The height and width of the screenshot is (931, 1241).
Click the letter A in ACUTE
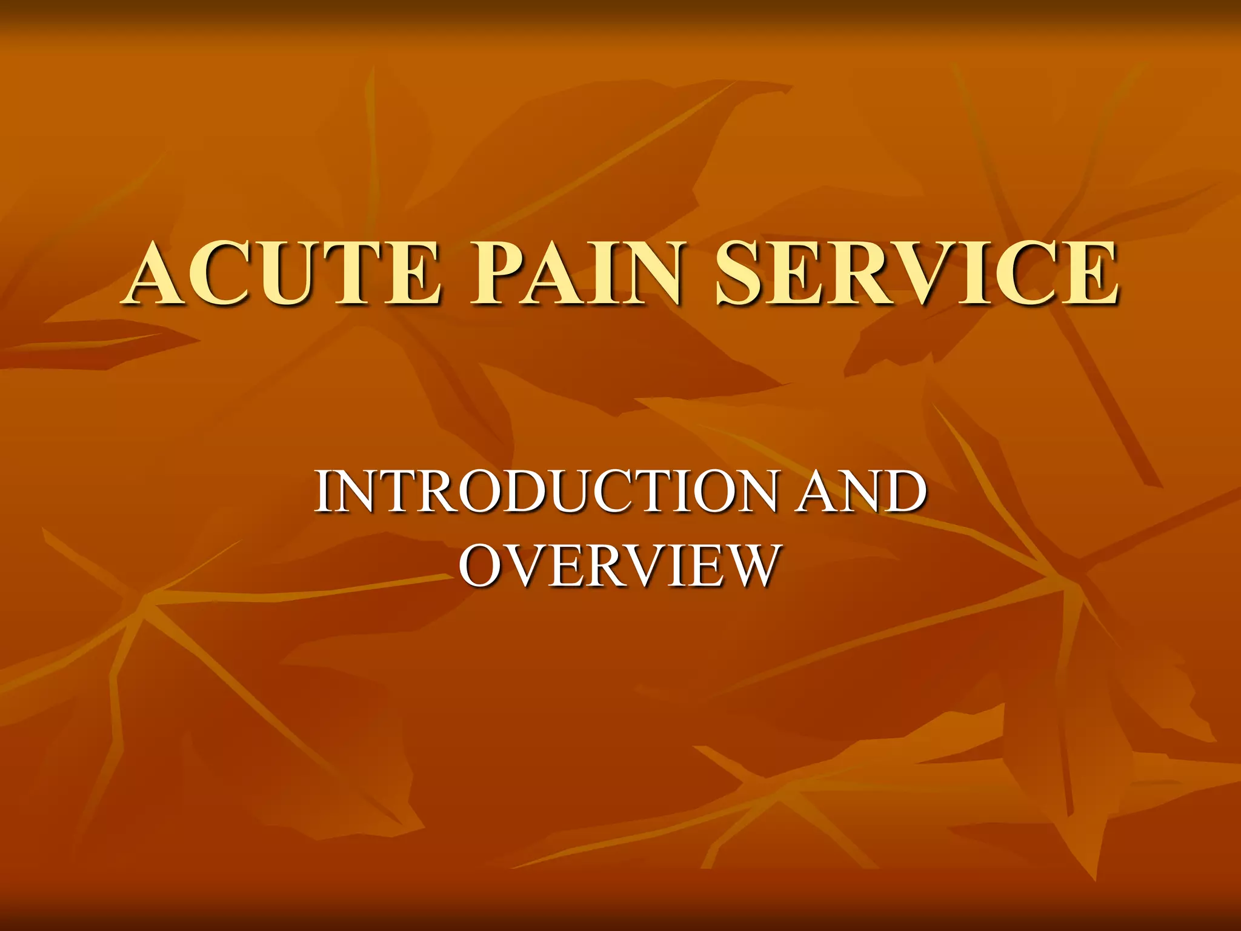pyautogui.click(x=159, y=272)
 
